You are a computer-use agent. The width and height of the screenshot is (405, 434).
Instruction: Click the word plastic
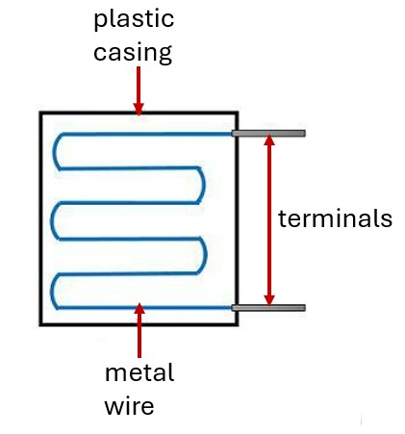pyautogui.click(x=134, y=20)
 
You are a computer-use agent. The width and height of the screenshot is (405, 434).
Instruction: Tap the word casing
pyautogui.click(x=133, y=53)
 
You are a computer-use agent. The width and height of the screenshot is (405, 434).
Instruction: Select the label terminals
pyautogui.click(x=335, y=218)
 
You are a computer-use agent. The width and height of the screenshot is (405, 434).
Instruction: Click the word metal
pyautogui.click(x=139, y=372)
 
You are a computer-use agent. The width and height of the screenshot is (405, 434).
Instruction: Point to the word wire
pyautogui.click(x=129, y=406)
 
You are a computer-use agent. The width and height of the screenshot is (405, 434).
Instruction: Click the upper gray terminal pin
pyautogui.click(x=268, y=133)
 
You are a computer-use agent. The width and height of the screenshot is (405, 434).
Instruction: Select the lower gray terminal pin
pyautogui.click(x=268, y=308)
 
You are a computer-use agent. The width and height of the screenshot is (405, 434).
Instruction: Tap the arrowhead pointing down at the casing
pyautogui.click(x=139, y=109)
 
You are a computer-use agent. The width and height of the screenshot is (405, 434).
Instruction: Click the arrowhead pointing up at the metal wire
pyautogui.click(x=139, y=309)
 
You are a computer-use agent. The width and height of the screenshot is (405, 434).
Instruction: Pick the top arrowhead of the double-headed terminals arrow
pyautogui.click(x=269, y=140)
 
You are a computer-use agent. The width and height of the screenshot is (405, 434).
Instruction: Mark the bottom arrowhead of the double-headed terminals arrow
pyautogui.click(x=269, y=299)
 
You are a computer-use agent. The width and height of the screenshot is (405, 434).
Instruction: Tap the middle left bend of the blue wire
pyautogui.click(x=52, y=220)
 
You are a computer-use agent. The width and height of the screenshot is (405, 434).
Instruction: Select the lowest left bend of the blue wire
pyautogui.click(x=52, y=291)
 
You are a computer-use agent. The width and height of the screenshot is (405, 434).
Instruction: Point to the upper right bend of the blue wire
pyautogui.click(x=203, y=185)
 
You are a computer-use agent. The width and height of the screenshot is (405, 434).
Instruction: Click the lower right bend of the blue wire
pyautogui.click(x=205, y=256)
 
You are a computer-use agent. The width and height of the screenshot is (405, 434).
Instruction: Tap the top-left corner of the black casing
pyautogui.click(x=40, y=113)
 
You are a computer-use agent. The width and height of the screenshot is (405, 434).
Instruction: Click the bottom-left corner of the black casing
pyautogui.click(x=40, y=324)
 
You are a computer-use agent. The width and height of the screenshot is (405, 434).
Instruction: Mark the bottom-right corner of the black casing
pyautogui.click(x=237, y=324)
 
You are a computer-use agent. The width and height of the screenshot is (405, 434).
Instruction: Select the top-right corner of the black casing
pyautogui.click(x=237, y=113)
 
